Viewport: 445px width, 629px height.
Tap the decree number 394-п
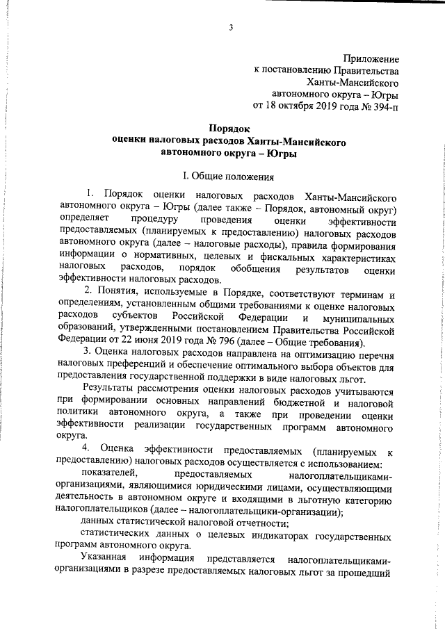tap(387, 107)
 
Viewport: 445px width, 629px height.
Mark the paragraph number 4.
tap(86, 445)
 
